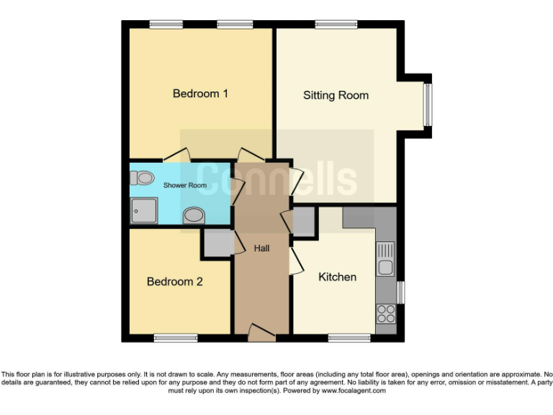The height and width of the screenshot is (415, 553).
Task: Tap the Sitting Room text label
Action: click(336, 95)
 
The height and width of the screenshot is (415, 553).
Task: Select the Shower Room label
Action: click(185, 185)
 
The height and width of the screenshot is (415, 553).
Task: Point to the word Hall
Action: click(262, 249)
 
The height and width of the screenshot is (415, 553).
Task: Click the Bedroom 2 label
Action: click(174, 282)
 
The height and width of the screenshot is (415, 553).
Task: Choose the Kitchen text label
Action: click(337, 277)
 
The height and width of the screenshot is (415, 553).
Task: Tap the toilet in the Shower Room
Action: click(144, 177)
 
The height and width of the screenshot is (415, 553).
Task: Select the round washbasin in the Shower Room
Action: click(194, 215)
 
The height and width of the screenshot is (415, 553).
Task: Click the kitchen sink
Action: click(386, 259)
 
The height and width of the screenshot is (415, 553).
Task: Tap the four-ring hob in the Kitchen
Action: click(386, 313)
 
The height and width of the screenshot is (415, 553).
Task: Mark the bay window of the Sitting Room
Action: click(427, 105)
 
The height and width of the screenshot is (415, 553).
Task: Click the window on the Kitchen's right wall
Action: click(401, 293)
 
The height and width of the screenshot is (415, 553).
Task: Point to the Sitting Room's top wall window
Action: click(336, 24)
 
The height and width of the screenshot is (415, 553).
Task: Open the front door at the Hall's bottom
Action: click(262, 332)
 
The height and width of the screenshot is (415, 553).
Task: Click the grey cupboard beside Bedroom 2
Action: click(217, 244)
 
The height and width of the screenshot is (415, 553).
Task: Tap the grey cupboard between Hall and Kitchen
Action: click(304, 223)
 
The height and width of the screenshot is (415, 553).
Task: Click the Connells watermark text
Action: click(276, 178)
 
